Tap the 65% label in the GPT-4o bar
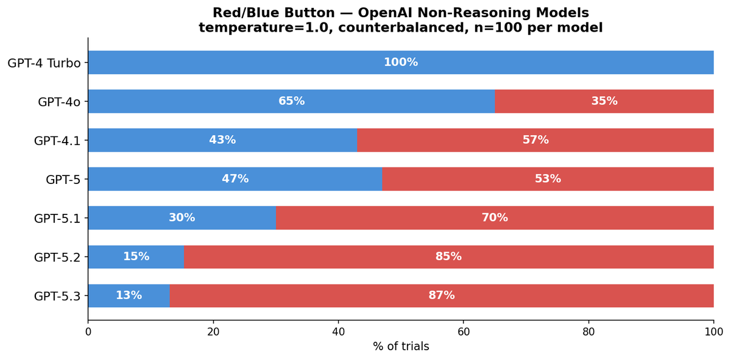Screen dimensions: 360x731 tap(291, 101)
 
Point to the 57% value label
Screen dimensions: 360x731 tap(535, 140)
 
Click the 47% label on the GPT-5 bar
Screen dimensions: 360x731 tap(235, 179)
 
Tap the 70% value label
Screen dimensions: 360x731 tap(494, 218)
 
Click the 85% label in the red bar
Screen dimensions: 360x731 tap(448, 257)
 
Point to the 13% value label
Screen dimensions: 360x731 tap(129, 296)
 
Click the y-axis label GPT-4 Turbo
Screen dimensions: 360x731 tap(44, 63)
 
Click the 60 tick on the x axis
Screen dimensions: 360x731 tap(464, 332)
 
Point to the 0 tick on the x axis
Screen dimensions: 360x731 tap(88, 332)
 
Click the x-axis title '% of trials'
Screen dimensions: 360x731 tap(401, 347)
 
